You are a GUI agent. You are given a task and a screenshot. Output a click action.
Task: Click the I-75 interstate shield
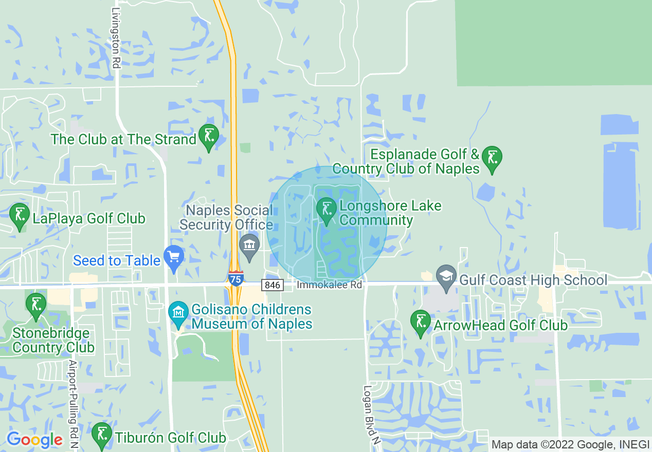point(236,278)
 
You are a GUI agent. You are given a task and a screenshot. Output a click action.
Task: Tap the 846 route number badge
point(272,285)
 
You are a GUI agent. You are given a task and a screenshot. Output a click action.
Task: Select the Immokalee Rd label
point(330,284)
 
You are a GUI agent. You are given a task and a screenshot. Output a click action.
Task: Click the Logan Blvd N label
point(367,411)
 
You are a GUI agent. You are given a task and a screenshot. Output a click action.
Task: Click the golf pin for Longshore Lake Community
point(326,210)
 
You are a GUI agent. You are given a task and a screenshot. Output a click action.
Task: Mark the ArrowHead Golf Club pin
point(421,322)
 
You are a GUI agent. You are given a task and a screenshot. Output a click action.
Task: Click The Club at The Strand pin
point(209,136)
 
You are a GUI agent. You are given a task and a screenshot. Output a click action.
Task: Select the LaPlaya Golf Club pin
point(20,215)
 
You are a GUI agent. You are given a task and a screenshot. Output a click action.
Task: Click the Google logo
point(35,440)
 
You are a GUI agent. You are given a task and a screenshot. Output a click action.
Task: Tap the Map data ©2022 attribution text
point(569,445)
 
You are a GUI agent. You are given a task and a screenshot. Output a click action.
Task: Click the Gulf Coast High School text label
point(533,280)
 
